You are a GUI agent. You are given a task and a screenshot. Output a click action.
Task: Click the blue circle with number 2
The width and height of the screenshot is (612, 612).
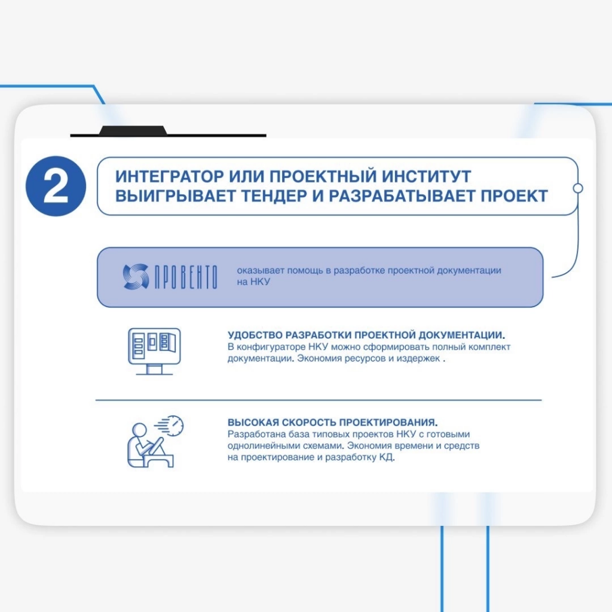(x=56, y=186)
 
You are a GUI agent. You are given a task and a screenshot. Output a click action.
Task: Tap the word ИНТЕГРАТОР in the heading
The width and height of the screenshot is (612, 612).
(x=169, y=176)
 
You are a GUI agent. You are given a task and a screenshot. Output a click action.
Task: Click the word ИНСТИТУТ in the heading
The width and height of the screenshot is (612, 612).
(x=426, y=176)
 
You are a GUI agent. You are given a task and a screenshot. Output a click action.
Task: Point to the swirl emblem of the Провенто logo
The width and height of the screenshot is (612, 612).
(x=136, y=276)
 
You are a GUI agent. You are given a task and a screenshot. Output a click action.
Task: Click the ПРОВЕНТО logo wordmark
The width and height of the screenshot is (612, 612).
(x=186, y=277)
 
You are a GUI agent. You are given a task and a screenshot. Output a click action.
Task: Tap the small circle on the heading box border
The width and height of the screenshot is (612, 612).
(x=578, y=188)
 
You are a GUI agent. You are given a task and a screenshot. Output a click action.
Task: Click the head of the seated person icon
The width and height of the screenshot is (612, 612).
(x=139, y=429)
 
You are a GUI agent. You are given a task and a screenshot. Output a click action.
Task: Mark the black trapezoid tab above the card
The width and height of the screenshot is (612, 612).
(x=133, y=130)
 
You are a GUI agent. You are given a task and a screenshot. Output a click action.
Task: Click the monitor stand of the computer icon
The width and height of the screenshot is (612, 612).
(x=154, y=369)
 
